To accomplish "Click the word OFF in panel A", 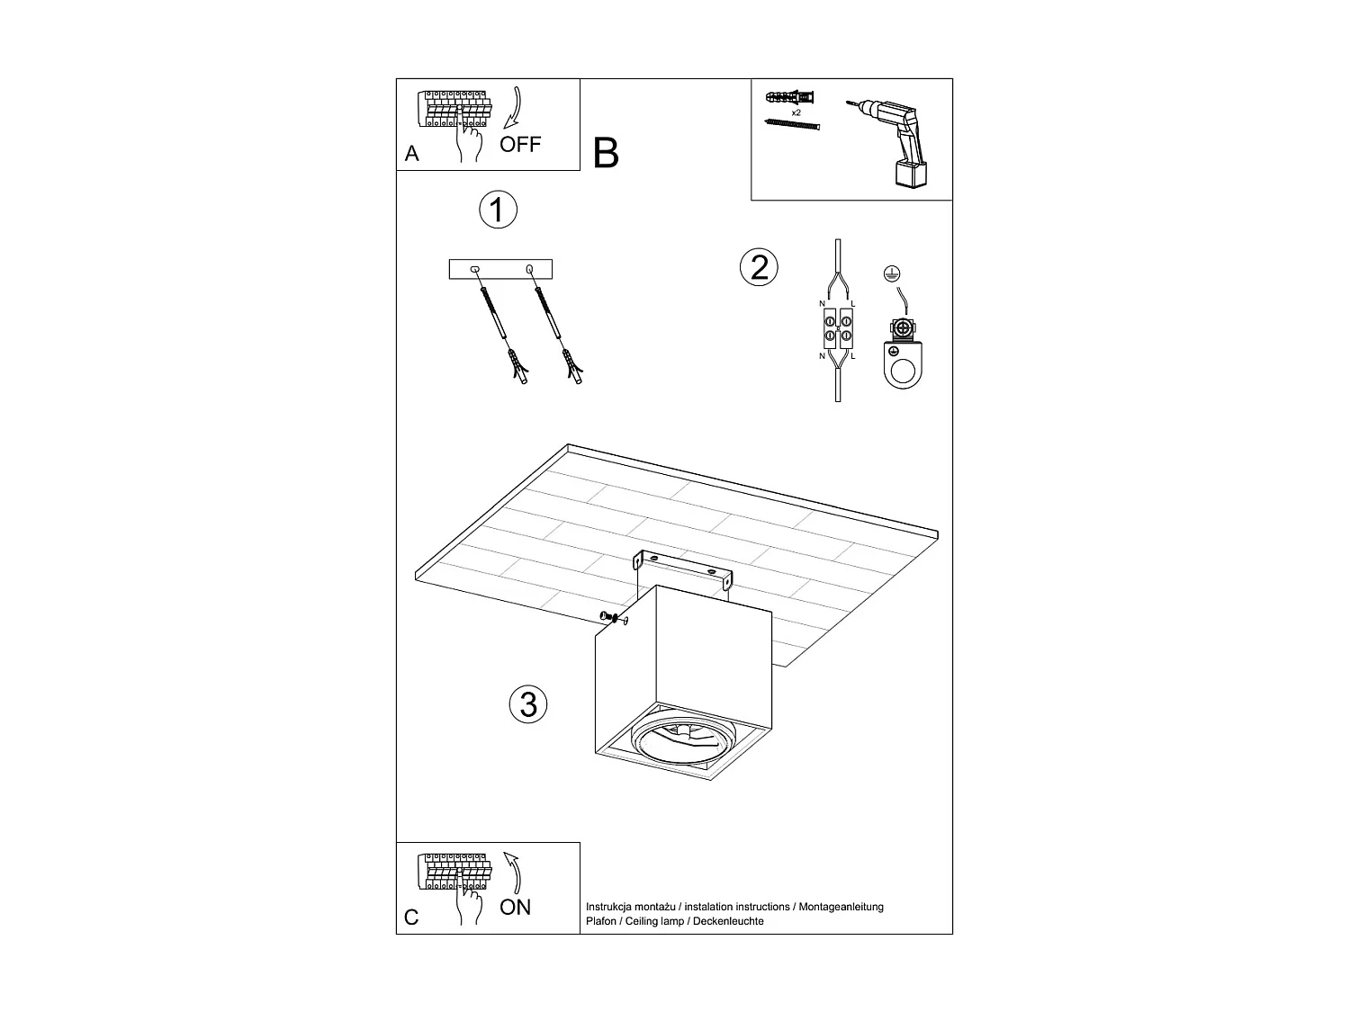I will click(x=520, y=144).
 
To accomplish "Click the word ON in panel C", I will click(x=515, y=907).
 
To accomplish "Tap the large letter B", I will click(x=607, y=154).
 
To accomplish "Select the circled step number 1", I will click(x=497, y=210).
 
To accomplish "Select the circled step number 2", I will click(x=759, y=267).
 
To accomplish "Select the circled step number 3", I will click(x=528, y=703).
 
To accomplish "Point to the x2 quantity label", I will click(x=796, y=113).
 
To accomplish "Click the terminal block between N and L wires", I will click(x=838, y=328).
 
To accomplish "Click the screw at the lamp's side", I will click(x=610, y=618).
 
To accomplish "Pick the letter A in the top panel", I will click(x=412, y=154).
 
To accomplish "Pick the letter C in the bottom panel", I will click(x=411, y=918).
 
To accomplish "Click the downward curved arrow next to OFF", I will click(x=515, y=108).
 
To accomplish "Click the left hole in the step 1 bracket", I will click(x=475, y=269).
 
